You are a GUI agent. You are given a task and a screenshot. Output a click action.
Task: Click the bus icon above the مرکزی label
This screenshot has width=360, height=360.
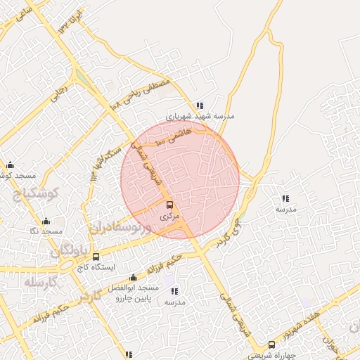[x=169, y=205]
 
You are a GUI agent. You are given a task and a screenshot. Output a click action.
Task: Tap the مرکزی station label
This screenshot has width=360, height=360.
[x=169, y=217]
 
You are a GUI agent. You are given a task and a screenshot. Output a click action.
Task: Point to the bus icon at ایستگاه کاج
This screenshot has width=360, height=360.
[x=96, y=257]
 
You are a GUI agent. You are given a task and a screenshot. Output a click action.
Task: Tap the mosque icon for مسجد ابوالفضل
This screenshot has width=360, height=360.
[x=134, y=278]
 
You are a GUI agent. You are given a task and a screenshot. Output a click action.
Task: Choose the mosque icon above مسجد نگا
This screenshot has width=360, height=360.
[x=46, y=220]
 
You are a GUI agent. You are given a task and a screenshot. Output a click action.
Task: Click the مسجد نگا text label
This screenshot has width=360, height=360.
[x=46, y=231]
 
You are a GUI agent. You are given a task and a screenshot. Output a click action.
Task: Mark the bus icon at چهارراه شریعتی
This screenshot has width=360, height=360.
[x=271, y=345]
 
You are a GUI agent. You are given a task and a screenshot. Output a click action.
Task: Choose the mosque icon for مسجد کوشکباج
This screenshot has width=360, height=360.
[x=10, y=165]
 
